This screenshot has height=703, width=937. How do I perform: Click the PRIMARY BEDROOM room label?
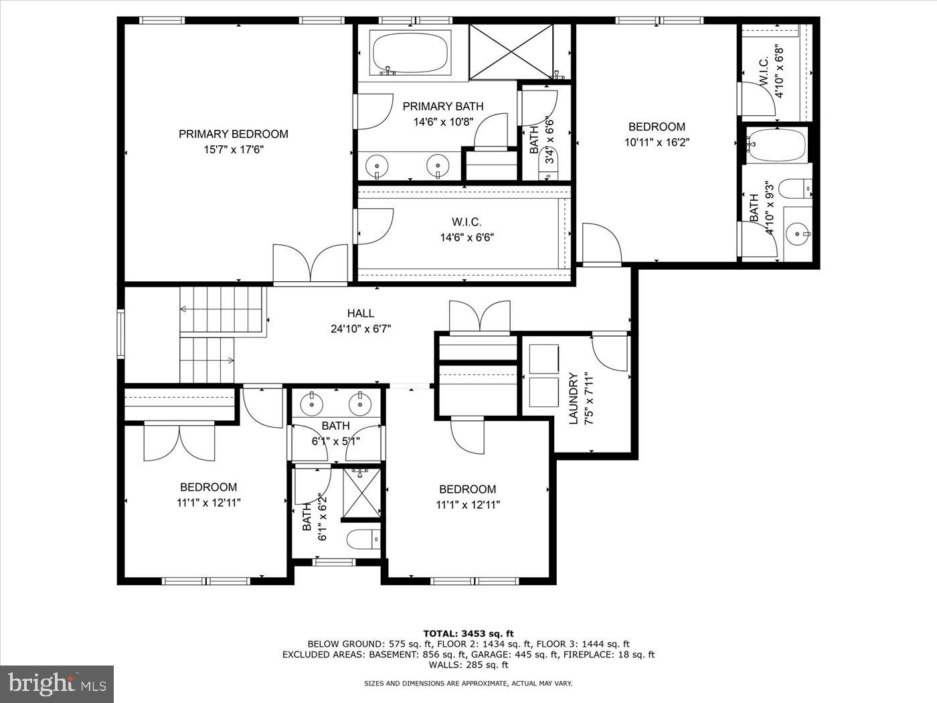point(233,134)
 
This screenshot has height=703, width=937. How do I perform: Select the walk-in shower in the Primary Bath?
point(511,50)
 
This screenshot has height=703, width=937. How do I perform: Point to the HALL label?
point(360,313)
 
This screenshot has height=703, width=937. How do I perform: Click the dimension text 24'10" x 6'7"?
point(360,329)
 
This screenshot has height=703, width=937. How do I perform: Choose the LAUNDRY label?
point(573,398)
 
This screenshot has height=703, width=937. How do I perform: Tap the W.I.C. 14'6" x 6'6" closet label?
point(466,222)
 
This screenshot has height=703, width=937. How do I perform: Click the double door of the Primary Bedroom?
point(311,265)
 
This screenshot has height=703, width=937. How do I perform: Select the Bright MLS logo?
point(57,684)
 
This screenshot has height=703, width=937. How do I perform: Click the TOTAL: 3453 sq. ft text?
point(468,633)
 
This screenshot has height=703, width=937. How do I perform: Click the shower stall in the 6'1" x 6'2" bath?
point(362,493)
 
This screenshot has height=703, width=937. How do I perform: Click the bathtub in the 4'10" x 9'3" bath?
point(776,145)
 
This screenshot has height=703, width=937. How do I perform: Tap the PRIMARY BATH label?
point(442,106)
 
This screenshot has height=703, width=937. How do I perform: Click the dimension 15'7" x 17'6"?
point(234,150)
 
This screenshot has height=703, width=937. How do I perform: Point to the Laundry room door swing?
point(609,353)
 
